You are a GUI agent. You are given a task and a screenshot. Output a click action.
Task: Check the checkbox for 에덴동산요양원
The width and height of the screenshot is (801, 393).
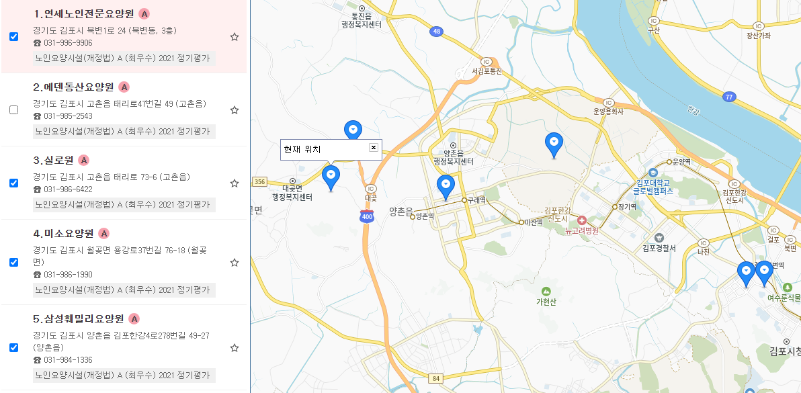point(13,110)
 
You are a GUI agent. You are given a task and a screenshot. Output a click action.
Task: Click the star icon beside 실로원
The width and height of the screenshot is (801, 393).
point(235,183)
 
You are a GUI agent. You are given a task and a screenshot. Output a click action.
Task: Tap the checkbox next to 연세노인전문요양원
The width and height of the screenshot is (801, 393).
point(13,37)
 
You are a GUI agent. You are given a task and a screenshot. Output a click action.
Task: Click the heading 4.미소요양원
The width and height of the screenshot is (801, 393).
point(64,234)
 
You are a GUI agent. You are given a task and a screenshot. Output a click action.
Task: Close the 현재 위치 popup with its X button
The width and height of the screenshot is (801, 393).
point(374,148)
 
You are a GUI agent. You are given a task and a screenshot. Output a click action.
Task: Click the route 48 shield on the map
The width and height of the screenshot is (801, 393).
point(437,32)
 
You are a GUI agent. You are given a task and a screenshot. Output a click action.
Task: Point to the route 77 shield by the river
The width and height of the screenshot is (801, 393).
point(728,97)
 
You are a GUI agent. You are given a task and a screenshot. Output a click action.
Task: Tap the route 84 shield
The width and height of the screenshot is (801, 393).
point(436,379)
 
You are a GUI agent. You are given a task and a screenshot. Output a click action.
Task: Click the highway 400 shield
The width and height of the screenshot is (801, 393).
point(367,216)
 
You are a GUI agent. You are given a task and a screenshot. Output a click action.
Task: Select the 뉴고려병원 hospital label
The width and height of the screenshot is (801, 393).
point(582,231)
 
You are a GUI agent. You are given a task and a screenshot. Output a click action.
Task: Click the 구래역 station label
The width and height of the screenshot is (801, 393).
point(477,200)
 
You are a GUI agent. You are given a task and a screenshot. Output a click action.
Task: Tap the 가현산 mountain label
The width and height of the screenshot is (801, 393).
point(546,301)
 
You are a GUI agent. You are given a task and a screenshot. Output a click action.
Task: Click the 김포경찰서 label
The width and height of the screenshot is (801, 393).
point(659,248)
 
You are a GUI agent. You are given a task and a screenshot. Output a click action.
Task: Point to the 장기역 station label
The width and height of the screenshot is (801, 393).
point(628,207)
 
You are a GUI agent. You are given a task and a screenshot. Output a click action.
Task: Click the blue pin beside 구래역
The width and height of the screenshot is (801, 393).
point(446,185)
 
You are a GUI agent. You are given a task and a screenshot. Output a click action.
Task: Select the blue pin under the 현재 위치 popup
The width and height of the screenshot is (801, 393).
point(331,176)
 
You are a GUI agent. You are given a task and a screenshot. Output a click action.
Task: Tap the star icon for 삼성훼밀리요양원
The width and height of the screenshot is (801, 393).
point(235,348)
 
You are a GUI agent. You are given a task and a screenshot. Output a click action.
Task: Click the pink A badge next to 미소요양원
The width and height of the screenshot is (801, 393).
point(103,234)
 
